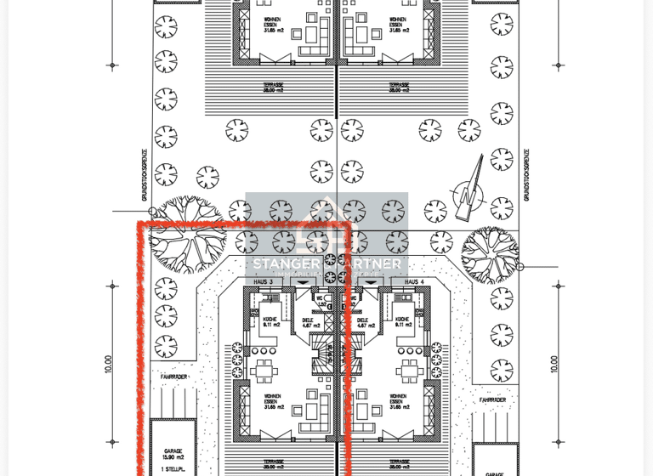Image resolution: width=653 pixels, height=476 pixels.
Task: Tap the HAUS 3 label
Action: coord(264,281)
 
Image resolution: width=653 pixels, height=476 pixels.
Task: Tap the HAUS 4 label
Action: coord(414,281)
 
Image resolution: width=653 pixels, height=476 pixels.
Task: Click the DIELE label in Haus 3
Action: coord(308,323)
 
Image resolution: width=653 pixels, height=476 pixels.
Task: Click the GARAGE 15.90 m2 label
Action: coord(173,455)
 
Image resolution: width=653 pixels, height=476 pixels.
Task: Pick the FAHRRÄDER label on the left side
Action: coord(173,377)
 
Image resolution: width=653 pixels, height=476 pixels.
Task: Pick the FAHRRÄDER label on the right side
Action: coord(492,399)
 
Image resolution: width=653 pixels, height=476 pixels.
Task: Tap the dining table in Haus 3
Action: coord(264,370)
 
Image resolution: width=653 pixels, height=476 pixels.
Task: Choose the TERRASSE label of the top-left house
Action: coord(274,87)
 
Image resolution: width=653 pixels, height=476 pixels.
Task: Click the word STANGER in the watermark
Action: coord(285,264)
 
